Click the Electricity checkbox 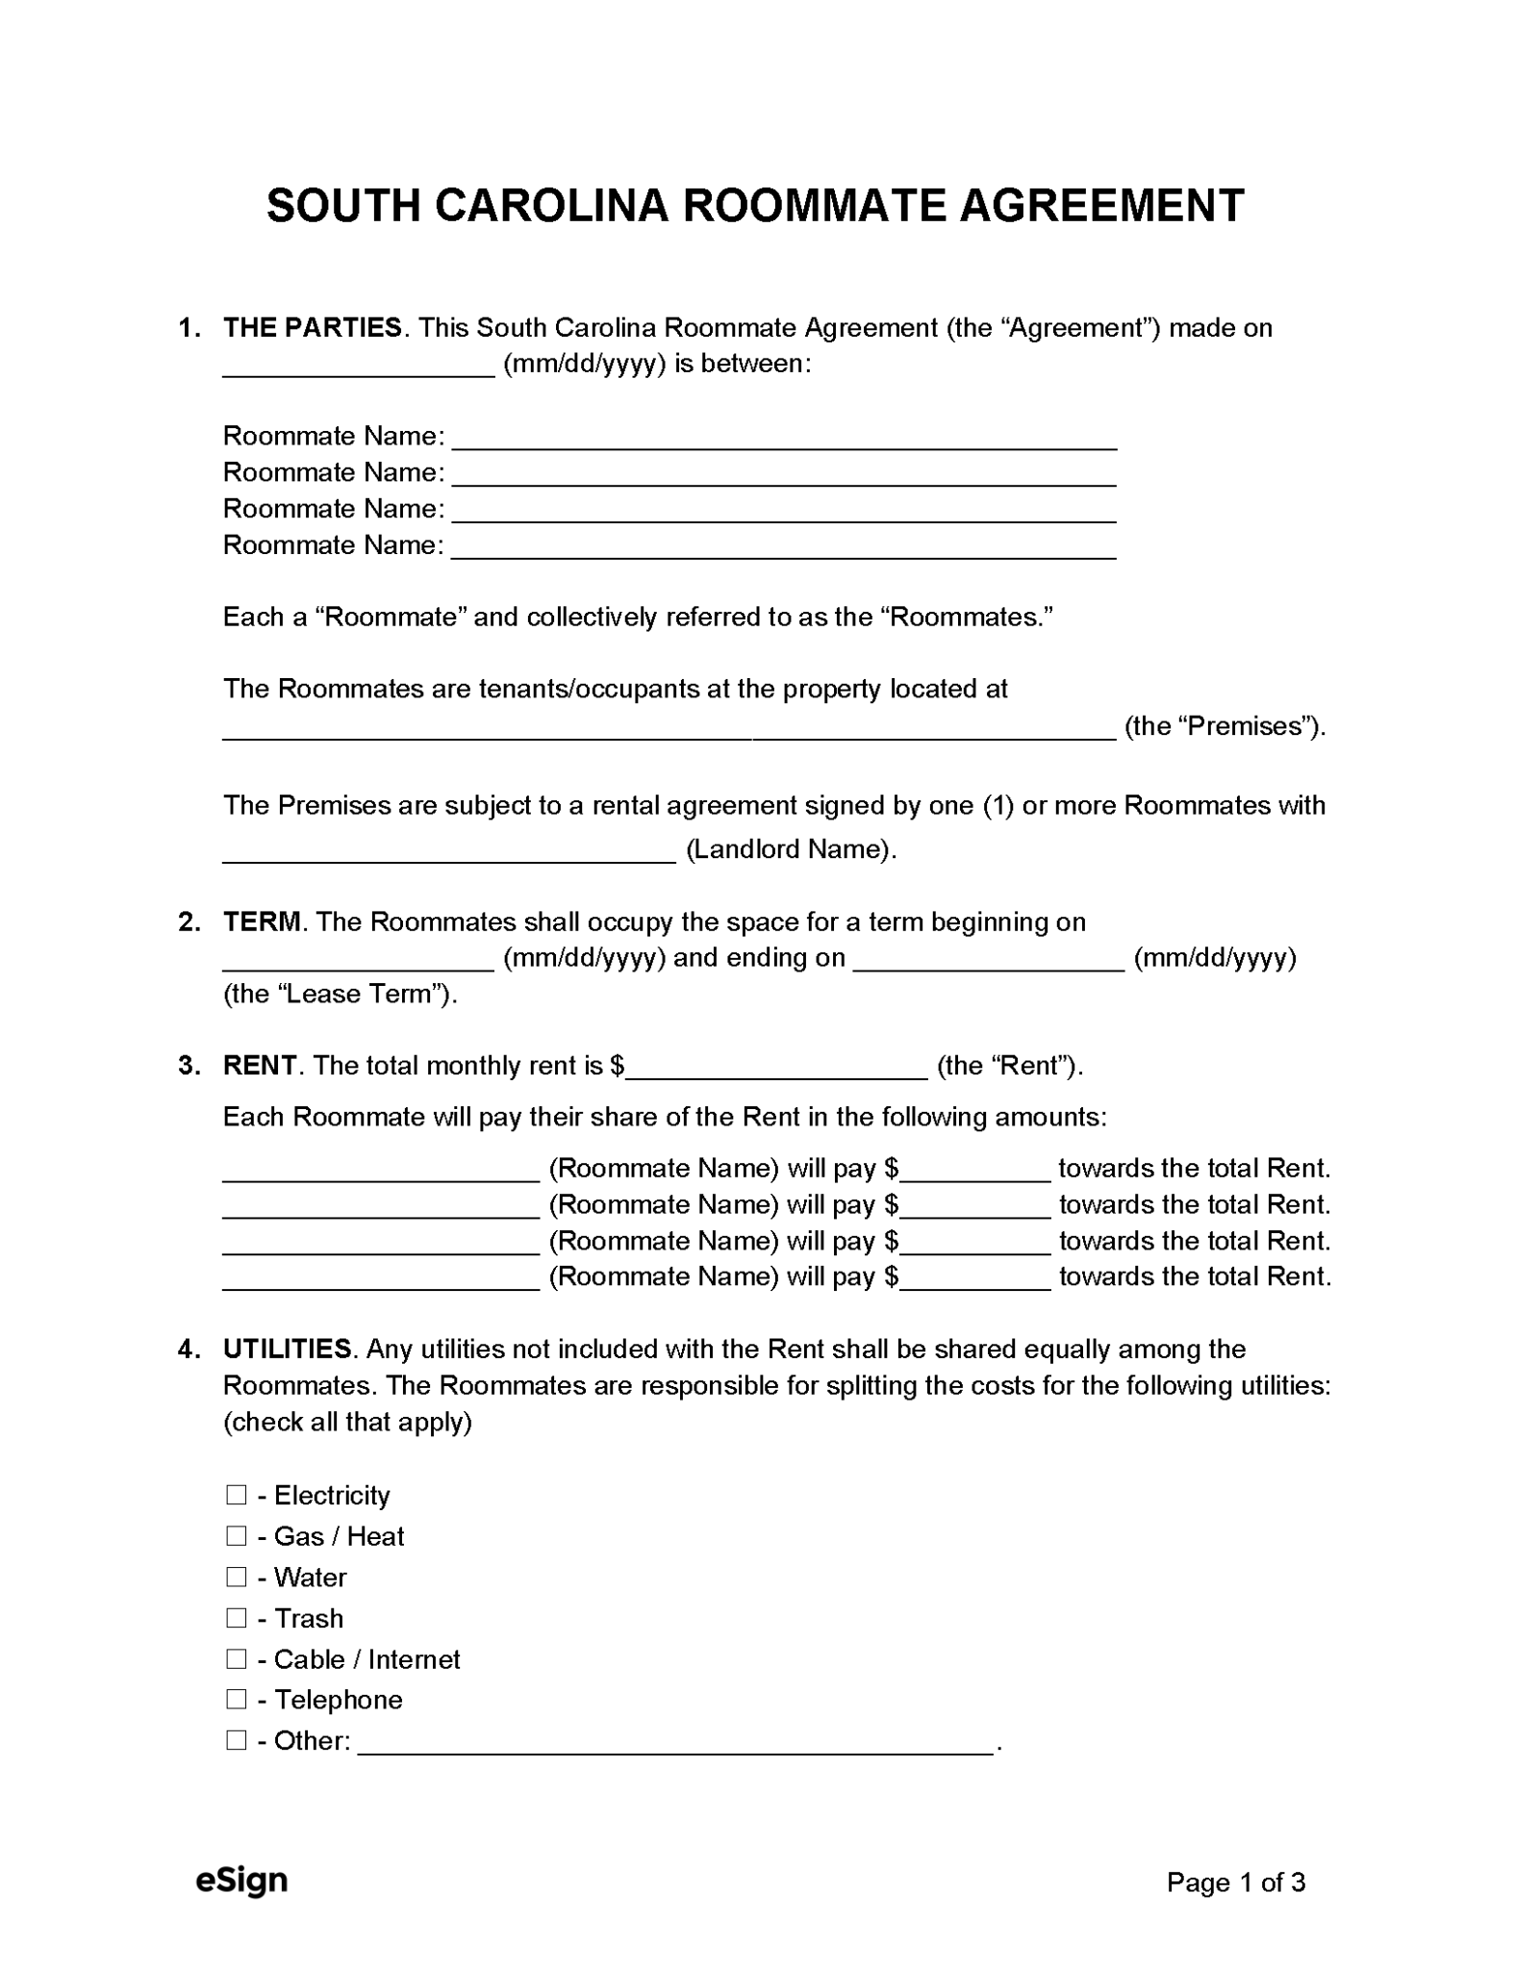236,1495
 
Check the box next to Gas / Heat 236,1536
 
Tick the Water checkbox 236,1577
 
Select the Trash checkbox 236,1618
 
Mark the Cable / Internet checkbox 236,1659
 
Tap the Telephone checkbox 236,1700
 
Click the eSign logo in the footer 241,1881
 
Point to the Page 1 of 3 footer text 1235,1882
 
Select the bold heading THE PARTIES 313,328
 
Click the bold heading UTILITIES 288,1349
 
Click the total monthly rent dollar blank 776,1068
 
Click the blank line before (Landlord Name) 449,851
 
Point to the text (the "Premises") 1225,726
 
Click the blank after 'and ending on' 989,959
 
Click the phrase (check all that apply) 347,1422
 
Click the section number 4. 187,1349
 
